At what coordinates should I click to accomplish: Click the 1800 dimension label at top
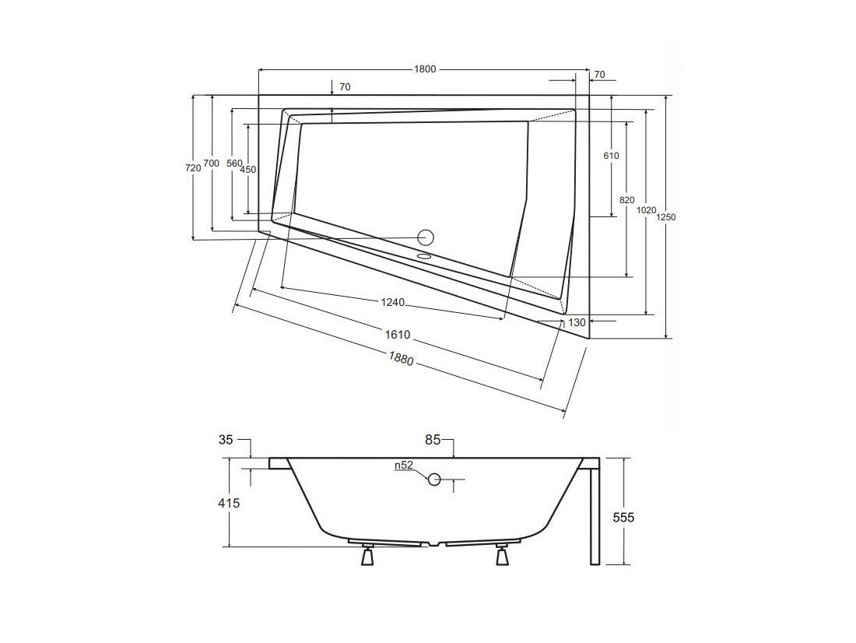tap(425, 69)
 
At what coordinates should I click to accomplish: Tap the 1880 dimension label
tap(402, 358)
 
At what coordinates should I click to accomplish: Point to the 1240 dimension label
tap(392, 301)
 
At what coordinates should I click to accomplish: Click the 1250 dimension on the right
tap(665, 217)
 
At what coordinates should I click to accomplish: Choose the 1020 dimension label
tap(647, 210)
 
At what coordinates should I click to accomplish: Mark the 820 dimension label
tap(627, 200)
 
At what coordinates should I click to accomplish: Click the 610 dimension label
tap(612, 156)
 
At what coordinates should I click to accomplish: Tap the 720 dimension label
tap(194, 168)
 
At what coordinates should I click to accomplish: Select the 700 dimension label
tap(211, 163)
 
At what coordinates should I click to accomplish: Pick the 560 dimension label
tap(233, 163)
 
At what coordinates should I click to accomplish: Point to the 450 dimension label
tap(247, 170)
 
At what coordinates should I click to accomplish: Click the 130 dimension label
tap(577, 322)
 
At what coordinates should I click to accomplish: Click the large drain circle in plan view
tap(425, 237)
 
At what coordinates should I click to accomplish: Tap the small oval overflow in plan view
tap(424, 255)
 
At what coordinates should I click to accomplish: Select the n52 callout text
tap(404, 465)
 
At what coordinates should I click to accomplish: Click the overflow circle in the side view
tap(434, 479)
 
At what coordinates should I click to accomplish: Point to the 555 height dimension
tap(623, 517)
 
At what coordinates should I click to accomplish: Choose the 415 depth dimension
tap(229, 502)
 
